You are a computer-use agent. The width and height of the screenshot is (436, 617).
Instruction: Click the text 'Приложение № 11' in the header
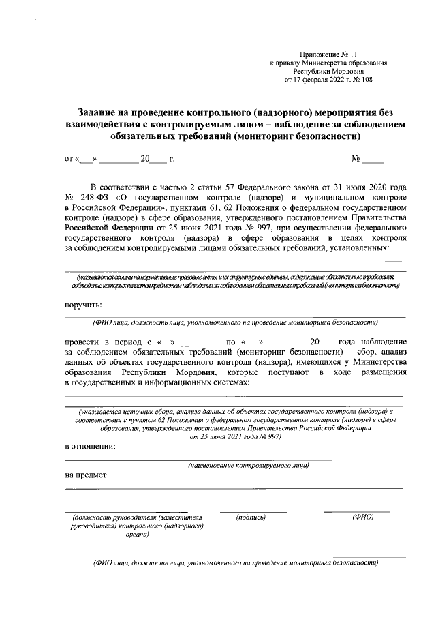click(328, 53)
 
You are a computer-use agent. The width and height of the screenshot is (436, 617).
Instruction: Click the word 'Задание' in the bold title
click(99, 111)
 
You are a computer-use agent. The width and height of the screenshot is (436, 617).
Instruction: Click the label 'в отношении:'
click(90, 447)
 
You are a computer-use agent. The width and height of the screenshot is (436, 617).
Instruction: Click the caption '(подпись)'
click(251, 517)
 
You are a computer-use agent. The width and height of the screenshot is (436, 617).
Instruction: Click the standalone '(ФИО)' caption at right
click(362, 517)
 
